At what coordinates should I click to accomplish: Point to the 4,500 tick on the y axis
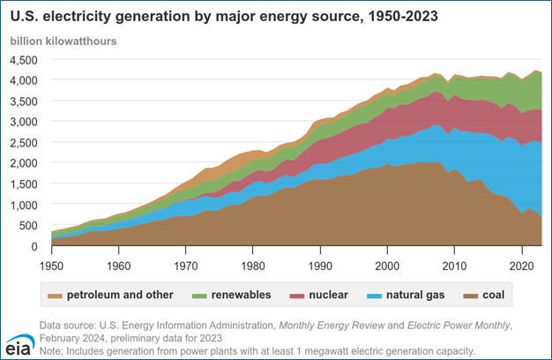pos(25,60)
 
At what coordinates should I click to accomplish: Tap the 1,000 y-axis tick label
pos(25,204)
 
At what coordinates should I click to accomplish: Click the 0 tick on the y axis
pos(34,245)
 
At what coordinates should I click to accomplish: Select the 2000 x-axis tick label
pos(385,265)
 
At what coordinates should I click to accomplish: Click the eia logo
pos(19,340)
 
